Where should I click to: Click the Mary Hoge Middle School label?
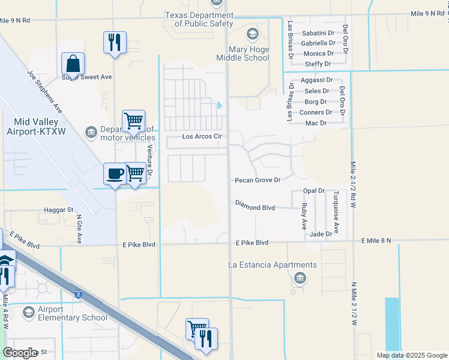(243, 53)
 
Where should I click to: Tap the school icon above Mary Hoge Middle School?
(253, 34)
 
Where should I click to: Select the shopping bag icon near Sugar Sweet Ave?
(73, 63)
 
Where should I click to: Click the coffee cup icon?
(115, 174)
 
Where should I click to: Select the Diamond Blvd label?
(255, 208)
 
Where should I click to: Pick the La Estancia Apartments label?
(273, 265)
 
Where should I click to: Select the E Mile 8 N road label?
(376, 241)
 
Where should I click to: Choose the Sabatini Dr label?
(318, 33)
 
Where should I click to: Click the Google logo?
(20, 353)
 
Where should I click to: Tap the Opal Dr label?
(313, 191)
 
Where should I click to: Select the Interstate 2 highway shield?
(79, 294)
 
